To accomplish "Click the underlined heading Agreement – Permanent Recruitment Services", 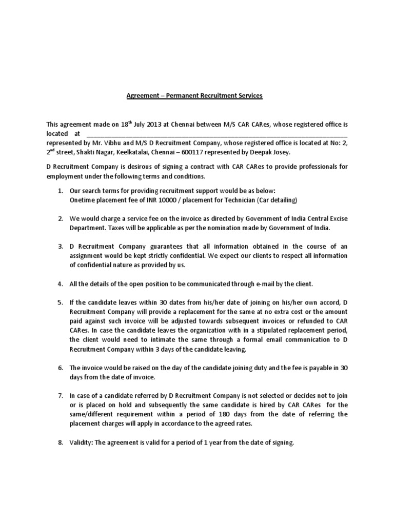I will tap(194, 95).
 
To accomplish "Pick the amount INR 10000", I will tap(162, 200).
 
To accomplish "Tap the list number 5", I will tap(60, 302).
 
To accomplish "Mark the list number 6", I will tap(60, 368).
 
